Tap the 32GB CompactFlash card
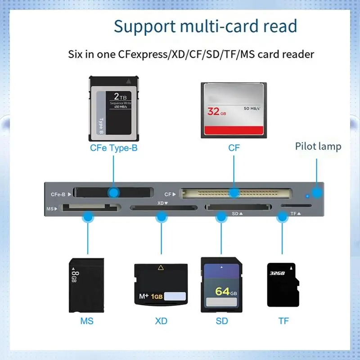click(234, 110)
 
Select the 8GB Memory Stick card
click(86, 285)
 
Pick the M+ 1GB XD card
click(161, 286)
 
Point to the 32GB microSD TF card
click(281, 285)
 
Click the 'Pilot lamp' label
click(318, 146)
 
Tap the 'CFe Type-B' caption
click(113, 148)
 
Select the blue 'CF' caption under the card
click(234, 148)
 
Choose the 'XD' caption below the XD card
click(161, 321)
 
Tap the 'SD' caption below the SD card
click(221, 321)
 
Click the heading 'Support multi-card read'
click(205, 26)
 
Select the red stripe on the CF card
click(234, 131)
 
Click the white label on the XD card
click(175, 297)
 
